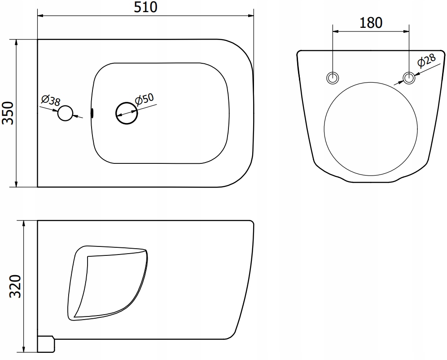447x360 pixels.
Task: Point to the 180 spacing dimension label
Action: point(370,22)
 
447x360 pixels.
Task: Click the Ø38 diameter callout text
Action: point(50,101)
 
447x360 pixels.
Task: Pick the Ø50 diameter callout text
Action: point(144,99)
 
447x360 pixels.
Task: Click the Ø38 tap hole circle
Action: point(65,114)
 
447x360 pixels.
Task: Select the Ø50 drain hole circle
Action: point(126,112)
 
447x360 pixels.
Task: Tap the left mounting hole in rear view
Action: point(332,78)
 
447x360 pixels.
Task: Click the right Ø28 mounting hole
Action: point(409,78)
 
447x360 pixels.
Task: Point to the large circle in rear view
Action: point(370,128)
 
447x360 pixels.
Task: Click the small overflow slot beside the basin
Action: point(92,113)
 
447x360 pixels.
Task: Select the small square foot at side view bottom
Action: point(45,344)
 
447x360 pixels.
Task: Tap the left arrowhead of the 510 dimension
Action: point(40,16)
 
